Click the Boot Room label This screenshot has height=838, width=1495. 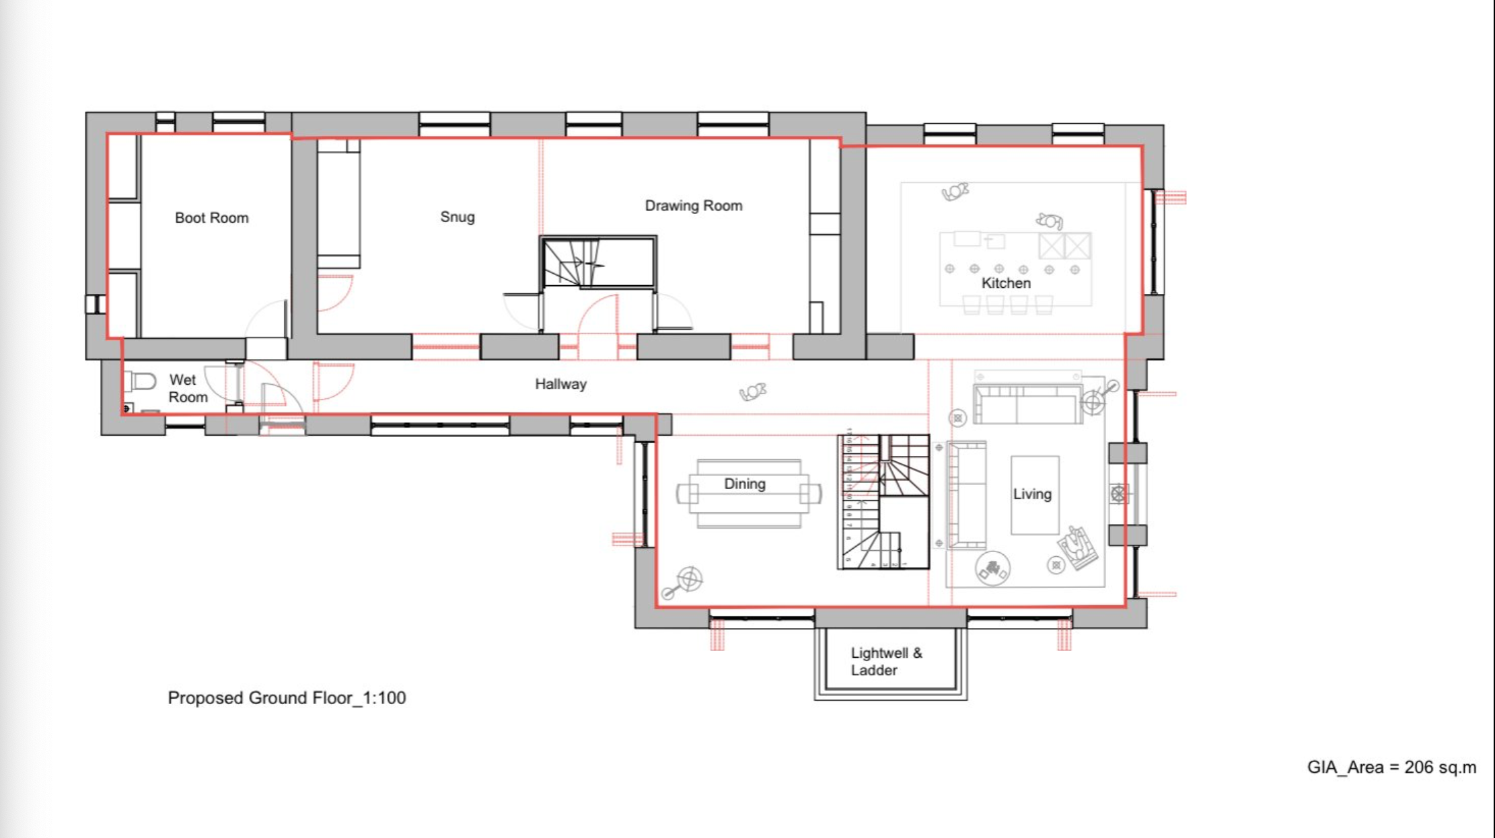coord(211,218)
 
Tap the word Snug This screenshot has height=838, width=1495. coord(458,217)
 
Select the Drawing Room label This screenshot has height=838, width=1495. coord(694,206)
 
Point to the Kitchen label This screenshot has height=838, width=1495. coord(1006,283)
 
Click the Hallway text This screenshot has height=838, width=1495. coord(560,384)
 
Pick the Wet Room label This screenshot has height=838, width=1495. coord(188,389)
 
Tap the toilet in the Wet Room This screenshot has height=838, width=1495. coord(140,381)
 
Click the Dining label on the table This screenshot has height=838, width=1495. coord(744,484)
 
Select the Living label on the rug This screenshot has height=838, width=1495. coord(1032,494)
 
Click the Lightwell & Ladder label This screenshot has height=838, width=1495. coord(886,661)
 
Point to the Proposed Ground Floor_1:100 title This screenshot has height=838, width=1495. coord(287,698)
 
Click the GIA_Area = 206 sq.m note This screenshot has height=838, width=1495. coord(1391,767)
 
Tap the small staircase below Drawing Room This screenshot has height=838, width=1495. coord(598,262)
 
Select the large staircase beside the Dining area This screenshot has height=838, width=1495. coord(883,502)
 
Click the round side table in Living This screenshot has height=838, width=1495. coord(992,569)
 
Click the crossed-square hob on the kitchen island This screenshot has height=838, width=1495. coord(1064,246)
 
